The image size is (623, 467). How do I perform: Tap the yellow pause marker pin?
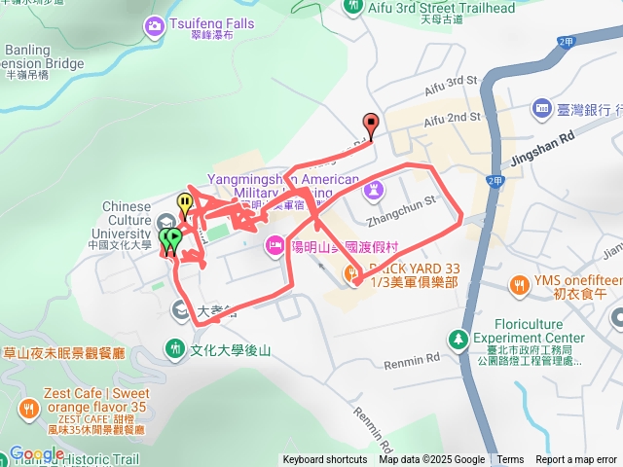[185, 203]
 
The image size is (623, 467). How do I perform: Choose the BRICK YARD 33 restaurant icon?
[352, 275]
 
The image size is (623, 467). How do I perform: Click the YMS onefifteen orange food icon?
[518, 283]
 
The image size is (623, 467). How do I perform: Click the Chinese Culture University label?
[127, 220]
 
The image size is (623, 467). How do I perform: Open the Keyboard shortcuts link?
[325, 459]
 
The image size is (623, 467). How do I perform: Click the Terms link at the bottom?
[510, 459]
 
